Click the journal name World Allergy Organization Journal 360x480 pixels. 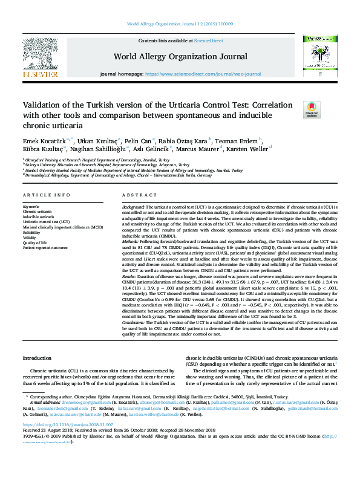tap(180, 56)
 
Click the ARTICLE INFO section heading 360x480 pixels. tap(45, 195)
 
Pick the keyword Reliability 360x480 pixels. tap(32, 232)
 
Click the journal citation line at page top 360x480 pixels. tap(180, 24)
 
